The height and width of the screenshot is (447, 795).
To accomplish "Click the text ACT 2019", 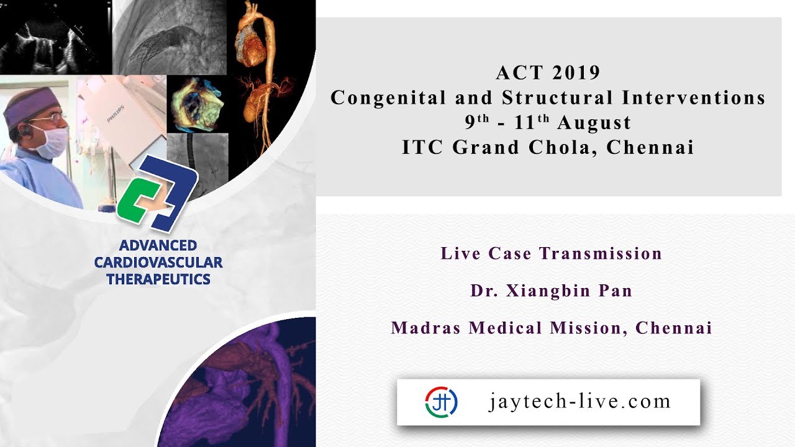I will (548, 73).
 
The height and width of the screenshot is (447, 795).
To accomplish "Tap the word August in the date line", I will (594, 123).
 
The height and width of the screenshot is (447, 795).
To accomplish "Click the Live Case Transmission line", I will (551, 253).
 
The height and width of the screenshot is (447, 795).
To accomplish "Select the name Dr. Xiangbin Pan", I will (551, 291).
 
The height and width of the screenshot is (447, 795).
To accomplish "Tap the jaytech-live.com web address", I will (579, 401).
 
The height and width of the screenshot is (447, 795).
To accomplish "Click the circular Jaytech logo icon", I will (442, 402).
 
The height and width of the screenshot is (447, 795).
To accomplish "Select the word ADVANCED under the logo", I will (158, 245).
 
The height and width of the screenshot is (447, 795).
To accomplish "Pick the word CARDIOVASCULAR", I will (158, 263).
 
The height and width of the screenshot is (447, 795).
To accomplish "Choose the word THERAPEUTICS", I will (158, 279).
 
